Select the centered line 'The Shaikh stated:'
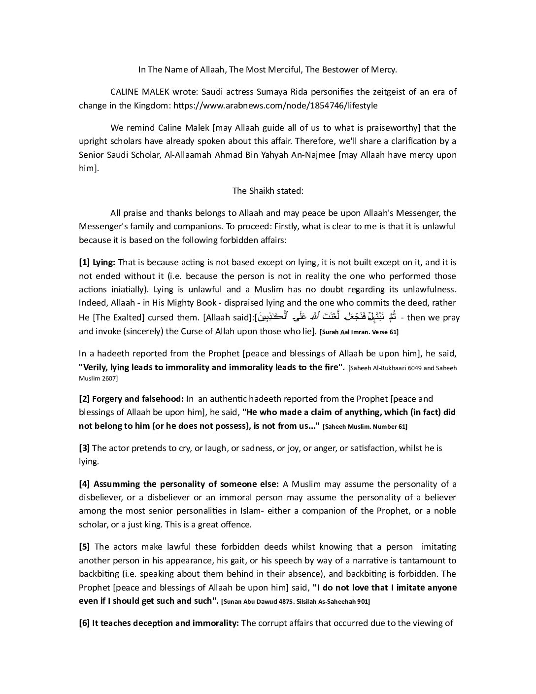(268, 191)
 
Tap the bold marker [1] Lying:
(97, 262)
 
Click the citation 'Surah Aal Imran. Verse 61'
(359, 332)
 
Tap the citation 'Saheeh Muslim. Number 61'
(365, 426)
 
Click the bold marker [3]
(84, 448)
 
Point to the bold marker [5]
(84, 547)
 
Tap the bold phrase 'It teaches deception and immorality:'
(166, 623)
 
